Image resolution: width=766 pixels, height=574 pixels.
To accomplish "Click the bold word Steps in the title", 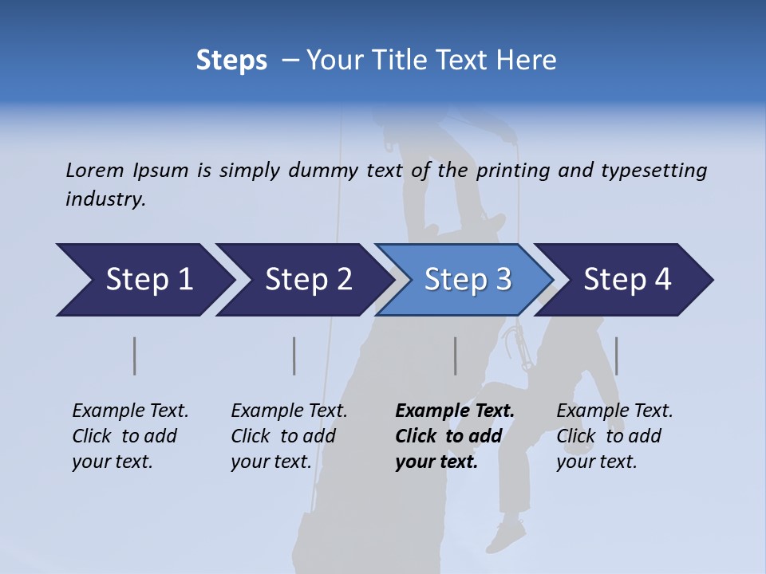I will click(x=231, y=61).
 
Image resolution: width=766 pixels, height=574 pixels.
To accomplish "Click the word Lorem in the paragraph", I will click(x=95, y=170).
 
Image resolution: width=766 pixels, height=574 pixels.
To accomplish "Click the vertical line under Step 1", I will click(x=135, y=356).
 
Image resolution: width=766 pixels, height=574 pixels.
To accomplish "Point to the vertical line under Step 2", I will click(x=294, y=356).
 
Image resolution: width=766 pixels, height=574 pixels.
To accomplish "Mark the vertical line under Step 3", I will click(x=456, y=356).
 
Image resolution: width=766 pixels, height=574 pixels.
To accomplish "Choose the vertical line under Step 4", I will click(x=617, y=356).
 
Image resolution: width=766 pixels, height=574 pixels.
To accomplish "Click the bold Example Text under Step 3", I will click(x=455, y=411).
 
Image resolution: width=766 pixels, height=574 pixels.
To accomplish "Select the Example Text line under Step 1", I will click(x=130, y=411).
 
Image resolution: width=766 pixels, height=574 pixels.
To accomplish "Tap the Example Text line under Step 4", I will click(x=614, y=411).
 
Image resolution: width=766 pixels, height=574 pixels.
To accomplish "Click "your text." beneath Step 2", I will click(x=271, y=462).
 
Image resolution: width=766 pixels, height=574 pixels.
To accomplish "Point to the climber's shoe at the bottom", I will click(x=506, y=535).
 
